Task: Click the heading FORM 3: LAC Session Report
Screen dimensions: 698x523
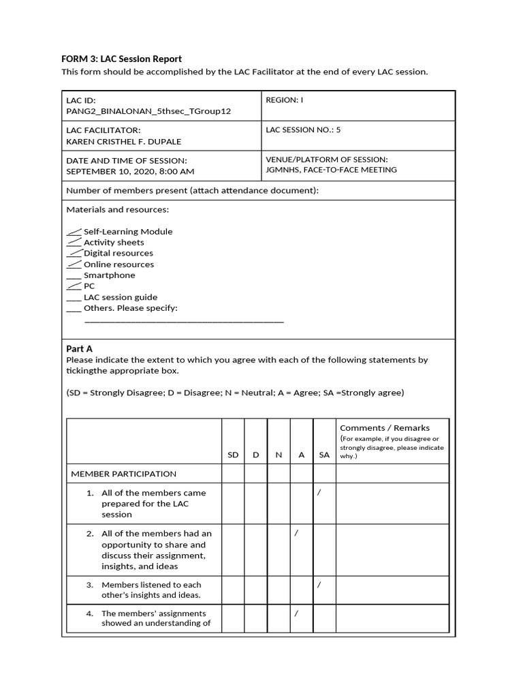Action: (x=122, y=59)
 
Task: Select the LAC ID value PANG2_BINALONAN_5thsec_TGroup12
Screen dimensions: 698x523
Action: (x=148, y=111)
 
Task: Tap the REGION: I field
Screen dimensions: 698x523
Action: (x=284, y=100)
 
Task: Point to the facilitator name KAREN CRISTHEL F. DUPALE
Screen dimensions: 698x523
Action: (x=123, y=141)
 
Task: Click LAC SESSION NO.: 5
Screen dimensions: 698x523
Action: (x=303, y=129)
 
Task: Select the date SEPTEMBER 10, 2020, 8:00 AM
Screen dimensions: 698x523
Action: (x=130, y=171)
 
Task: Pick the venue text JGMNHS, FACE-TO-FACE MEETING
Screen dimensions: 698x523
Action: (x=331, y=170)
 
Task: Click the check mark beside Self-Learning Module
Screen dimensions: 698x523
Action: (x=74, y=232)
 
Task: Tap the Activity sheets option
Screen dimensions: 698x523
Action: (x=114, y=243)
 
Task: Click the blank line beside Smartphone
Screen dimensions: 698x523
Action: (x=74, y=276)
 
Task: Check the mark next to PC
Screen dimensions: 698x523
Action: (x=74, y=286)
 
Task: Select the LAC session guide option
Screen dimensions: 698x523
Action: (x=120, y=297)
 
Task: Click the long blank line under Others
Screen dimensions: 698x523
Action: (x=184, y=320)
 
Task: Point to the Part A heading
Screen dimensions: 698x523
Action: (x=79, y=348)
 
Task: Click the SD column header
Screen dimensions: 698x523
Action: (x=233, y=455)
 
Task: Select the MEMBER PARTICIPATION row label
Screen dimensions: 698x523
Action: (x=123, y=474)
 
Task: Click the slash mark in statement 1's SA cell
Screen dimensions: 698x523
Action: (x=319, y=493)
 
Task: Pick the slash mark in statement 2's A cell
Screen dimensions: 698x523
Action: (x=296, y=533)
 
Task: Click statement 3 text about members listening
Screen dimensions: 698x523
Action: (x=151, y=590)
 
